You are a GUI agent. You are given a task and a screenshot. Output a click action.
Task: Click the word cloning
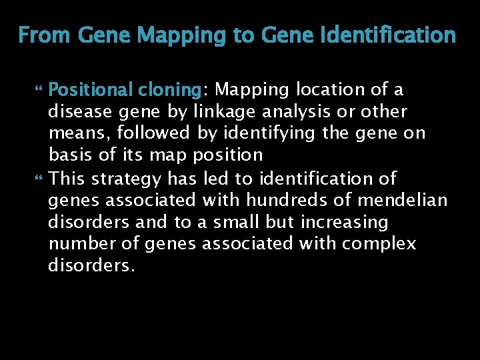pyautogui.click(x=169, y=89)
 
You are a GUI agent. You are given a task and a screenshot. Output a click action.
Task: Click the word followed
pyautogui.click(x=155, y=133)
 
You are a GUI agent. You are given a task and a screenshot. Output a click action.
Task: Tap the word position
pyautogui.click(x=229, y=155)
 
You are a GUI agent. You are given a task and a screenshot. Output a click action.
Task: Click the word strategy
pyautogui.click(x=126, y=179)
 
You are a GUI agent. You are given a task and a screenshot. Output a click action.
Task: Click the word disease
pyautogui.click(x=81, y=111)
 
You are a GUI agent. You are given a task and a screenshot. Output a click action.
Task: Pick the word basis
pyautogui.click(x=71, y=155)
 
